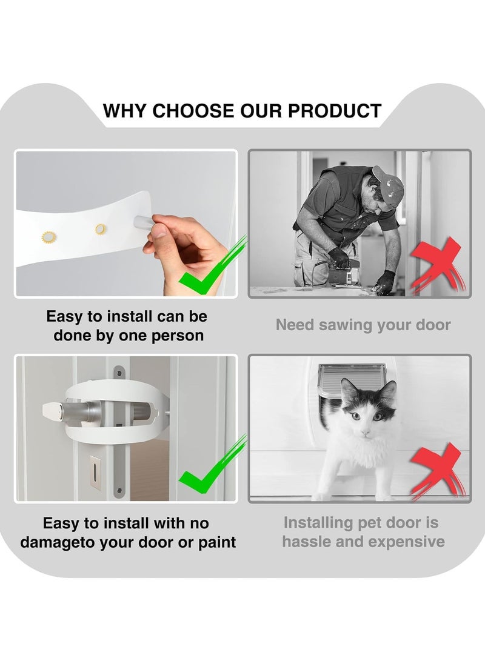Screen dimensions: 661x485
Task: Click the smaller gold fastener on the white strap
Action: coord(100,229)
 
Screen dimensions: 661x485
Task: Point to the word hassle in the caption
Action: coord(309,541)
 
